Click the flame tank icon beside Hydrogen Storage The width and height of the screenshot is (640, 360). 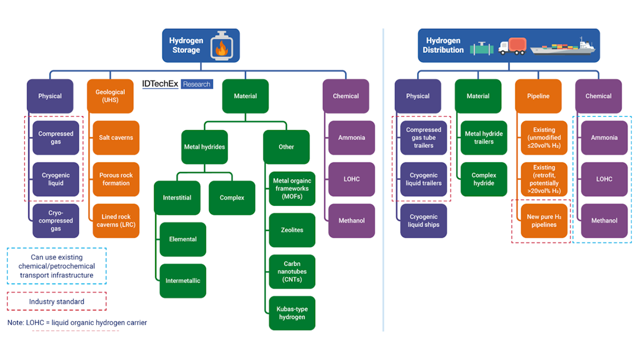[x=220, y=45]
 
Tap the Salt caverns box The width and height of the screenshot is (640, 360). [x=116, y=138]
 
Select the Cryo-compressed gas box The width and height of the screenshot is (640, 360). [x=56, y=221]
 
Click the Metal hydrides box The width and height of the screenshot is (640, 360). [x=204, y=147]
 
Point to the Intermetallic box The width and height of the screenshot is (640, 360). [x=183, y=281]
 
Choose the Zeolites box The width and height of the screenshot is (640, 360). [x=292, y=230]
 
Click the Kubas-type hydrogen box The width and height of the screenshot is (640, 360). [x=292, y=313]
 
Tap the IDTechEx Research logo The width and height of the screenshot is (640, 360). [x=177, y=84]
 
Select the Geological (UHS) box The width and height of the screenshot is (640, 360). [x=110, y=96]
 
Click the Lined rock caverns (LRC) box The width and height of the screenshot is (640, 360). [x=116, y=221]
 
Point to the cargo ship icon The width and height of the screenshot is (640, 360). [x=562, y=46]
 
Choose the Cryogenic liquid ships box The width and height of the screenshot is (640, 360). [x=423, y=221]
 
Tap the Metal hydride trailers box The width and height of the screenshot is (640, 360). [x=484, y=138]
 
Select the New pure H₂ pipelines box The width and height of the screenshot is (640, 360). [x=544, y=221]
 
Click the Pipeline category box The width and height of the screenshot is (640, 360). [x=538, y=96]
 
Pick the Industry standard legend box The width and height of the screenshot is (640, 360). [x=57, y=301]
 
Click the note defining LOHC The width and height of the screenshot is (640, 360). [x=77, y=323]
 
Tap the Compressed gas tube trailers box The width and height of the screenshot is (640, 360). [x=423, y=138]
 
